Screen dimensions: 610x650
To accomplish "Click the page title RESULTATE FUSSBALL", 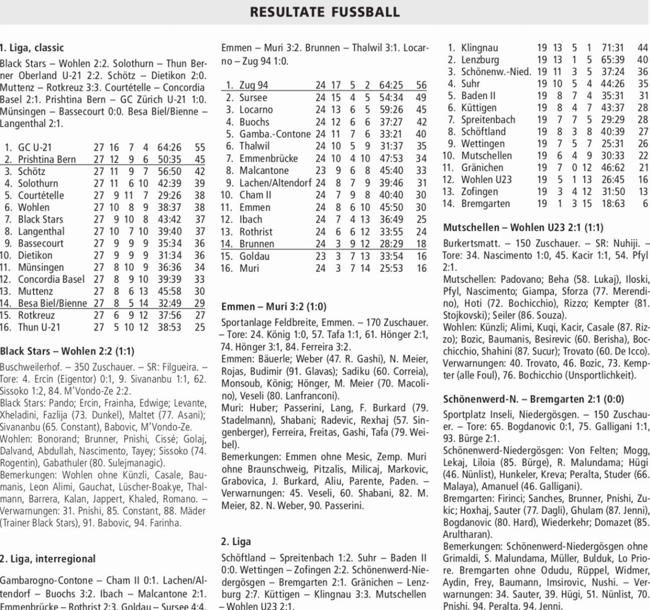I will point(325,12).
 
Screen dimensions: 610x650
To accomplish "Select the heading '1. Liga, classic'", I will point(32,48).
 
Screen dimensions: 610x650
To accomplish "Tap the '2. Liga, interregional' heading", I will point(48,558).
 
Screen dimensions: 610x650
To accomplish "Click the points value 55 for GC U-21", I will point(200,147).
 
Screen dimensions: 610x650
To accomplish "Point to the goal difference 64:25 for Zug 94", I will point(391,85).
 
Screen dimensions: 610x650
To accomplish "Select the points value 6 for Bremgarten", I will point(645,204).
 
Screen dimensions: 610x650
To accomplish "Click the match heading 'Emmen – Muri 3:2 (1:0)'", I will point(274,307).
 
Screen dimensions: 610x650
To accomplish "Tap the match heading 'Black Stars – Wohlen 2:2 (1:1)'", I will point(67,351).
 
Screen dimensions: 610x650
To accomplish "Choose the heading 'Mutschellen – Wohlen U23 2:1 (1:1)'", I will point(523,227).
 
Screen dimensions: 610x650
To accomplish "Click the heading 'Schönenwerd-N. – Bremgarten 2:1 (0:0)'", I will point(533,399).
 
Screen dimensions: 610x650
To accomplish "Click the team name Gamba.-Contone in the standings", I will point(275,134).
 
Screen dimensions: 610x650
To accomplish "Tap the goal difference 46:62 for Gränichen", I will point(612,168).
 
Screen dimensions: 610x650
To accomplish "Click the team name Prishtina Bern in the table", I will point(47,159).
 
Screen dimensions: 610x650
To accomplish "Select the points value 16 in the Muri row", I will point(421,268).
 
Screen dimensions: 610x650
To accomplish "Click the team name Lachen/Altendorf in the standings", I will point(275,183).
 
